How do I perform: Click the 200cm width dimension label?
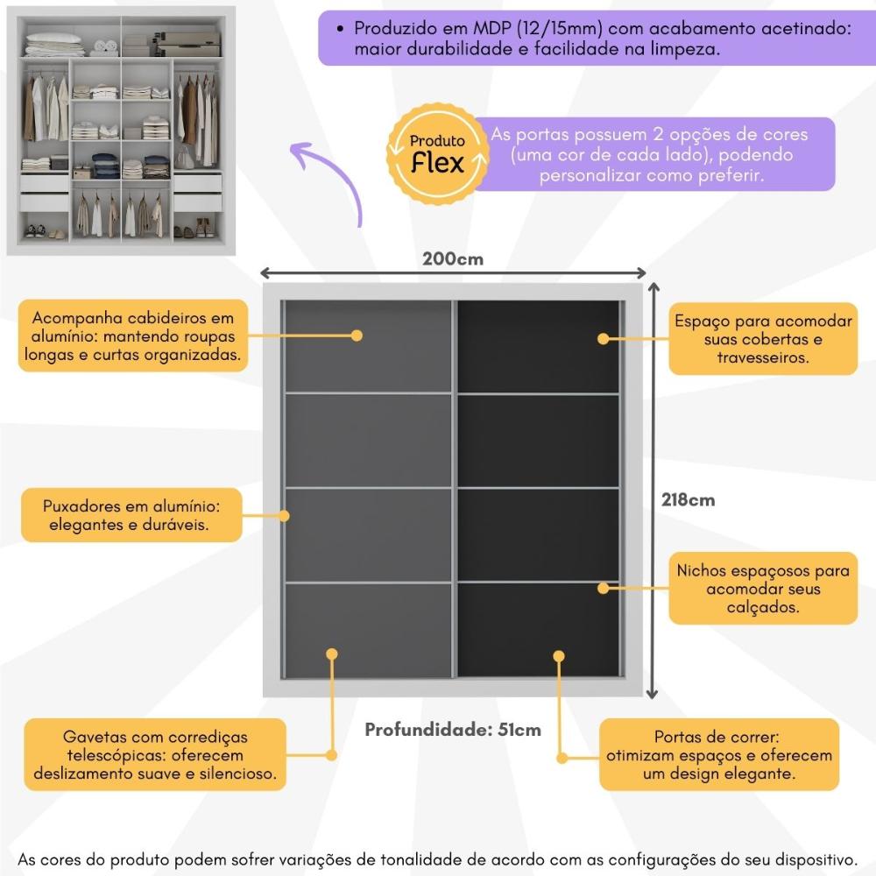point(453,258)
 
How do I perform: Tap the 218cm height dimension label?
point(689,500)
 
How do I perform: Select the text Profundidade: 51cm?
point(453,730)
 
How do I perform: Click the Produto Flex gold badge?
point(438,154)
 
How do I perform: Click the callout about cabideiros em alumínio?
point(132,336)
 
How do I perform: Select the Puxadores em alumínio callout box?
point(131,515)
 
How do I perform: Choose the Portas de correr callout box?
point(717,756)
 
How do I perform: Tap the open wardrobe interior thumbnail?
point(122,131)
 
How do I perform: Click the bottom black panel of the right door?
point(538,629)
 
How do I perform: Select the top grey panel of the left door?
point(367,346)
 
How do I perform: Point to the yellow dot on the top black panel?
point(603,337)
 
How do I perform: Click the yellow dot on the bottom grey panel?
point(332,653)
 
